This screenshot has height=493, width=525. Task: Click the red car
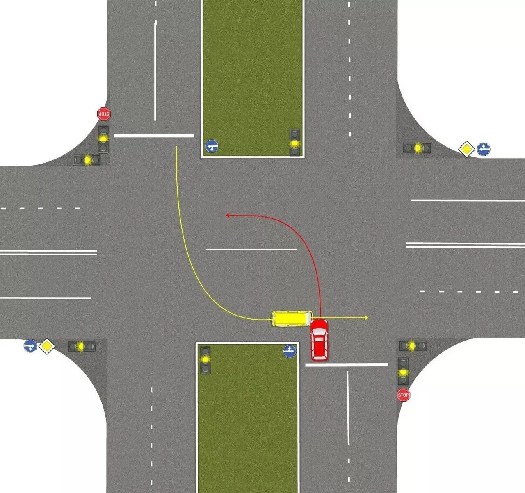tap(320, 340)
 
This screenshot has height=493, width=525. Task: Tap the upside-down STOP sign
tap(104, 114)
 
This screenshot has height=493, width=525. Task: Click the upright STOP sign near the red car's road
tap(403, 395)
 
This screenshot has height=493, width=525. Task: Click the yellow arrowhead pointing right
tap(366, 318)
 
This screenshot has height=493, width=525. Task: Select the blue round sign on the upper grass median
tap(212, 146)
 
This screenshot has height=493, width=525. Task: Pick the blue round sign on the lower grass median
tap(290, 351)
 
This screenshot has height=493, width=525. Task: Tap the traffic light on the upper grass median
tap(294, 143)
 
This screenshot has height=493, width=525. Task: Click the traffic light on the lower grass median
tap(205, 360)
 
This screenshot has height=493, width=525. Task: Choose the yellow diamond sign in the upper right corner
tap(466, 149)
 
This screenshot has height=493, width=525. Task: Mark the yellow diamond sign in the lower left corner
tap(47, 346)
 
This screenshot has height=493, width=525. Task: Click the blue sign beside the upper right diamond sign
tap(484, 149)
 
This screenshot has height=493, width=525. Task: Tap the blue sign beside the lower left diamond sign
tap(30, 346)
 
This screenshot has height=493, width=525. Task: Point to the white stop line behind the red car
tap(347, 364)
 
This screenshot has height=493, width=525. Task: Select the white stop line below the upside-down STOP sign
tap(154, 135)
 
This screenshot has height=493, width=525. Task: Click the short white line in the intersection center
tap(251, 249)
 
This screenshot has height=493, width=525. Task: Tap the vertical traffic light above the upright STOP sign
tap(404, 371)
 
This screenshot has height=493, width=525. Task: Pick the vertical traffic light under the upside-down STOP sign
tap(103, 139)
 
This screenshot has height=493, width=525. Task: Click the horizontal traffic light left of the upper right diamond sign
tap(417, 148)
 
